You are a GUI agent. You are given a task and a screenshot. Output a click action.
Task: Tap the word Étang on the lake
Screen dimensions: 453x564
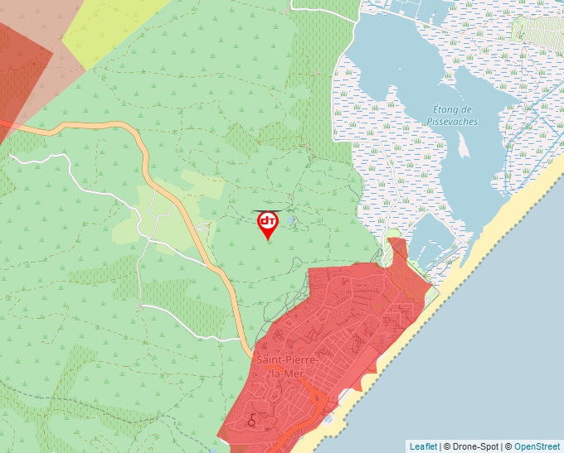point(453,110)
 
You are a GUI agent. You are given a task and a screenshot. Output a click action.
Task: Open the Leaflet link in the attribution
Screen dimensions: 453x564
point(423,446)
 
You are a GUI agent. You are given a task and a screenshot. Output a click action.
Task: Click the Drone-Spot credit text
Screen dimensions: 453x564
point(472,446)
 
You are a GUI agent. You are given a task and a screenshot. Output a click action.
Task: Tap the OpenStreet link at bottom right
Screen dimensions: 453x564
point(536,446)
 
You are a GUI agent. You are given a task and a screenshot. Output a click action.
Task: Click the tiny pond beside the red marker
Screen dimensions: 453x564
point(290,220)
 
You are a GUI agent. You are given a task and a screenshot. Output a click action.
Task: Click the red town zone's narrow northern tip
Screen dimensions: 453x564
point(397,246)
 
